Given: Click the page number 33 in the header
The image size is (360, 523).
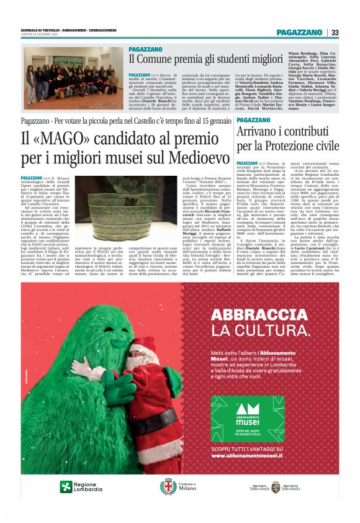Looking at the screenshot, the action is [335, 32].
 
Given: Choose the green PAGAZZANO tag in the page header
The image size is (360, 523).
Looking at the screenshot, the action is [300, 32].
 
